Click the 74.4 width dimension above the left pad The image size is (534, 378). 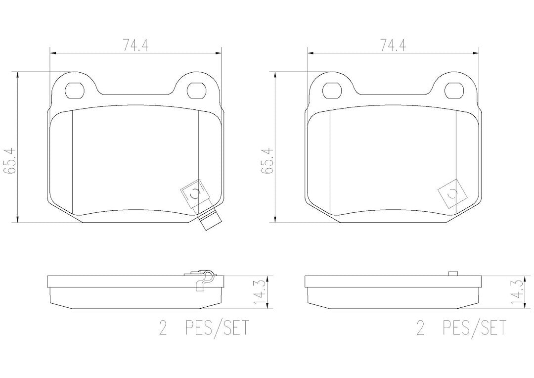point(135,45)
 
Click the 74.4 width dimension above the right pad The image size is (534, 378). point(393,45)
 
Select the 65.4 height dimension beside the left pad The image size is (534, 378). point(9,161)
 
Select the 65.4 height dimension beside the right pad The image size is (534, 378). point(267,161)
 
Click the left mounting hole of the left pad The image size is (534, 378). point(74,91)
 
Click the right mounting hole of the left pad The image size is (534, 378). point(197,91)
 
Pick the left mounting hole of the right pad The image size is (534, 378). point(332,91)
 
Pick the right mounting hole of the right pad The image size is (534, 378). point(454,91)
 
